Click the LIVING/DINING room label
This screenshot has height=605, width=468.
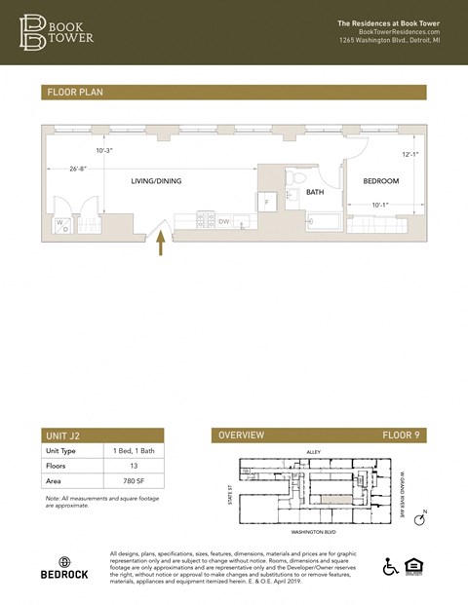[x=156, y=181]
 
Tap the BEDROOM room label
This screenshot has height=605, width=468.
[x=381, y=181]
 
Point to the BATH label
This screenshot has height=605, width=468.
[x=314, y=193]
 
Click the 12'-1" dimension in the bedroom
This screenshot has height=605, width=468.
[x=410, y=154]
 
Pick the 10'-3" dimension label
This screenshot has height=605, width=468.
[x=105, y=150]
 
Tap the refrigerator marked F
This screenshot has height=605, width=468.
[x=267, y=202]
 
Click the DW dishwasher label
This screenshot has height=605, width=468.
[x=223, y=222]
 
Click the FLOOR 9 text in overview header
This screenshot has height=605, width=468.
[x=400, y=435]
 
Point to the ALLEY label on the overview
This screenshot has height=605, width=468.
[x=314, y=452]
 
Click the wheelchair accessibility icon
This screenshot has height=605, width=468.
[x=391, y=567]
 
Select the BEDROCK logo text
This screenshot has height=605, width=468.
[x=64, y=575]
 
